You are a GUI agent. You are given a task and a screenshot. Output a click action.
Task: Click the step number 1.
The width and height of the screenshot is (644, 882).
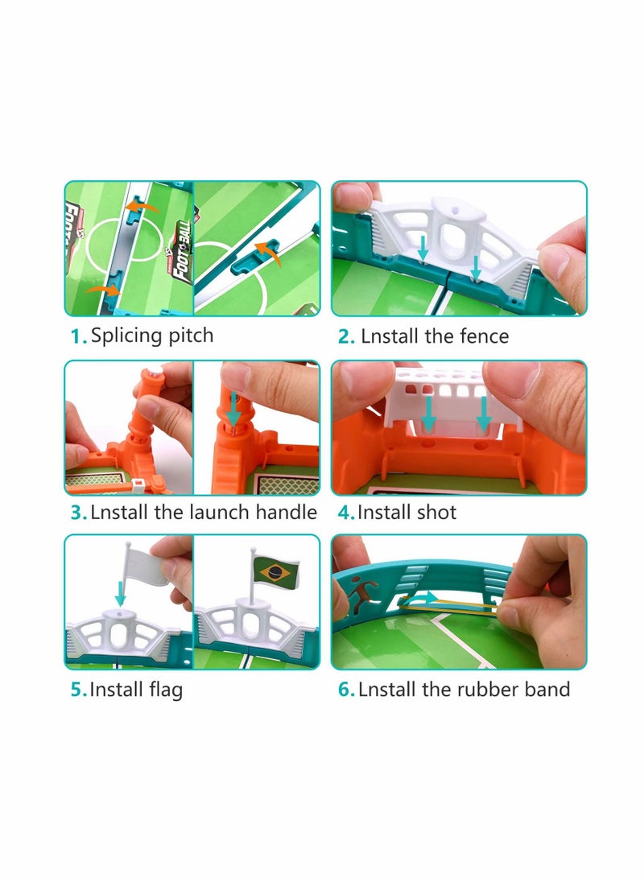pyautogui.click(x=77, y=337)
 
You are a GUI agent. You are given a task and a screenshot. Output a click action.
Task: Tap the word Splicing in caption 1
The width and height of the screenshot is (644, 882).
pyautogui.click(x=124, y=336)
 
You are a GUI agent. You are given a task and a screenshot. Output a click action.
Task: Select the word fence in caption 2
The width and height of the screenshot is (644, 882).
pyautogui.click(x=483, y=336)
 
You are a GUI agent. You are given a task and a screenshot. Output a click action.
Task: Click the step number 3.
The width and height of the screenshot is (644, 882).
pyautogui.click(x=77, y=513)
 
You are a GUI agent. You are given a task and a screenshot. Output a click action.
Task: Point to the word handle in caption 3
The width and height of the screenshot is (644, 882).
pyautogui.click(x=287, y=512)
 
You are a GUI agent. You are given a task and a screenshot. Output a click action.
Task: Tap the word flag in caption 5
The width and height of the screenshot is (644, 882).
pyautogui.click(x=164, y=690)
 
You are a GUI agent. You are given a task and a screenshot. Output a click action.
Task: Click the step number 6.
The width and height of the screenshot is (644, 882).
pyautogui.click(x=346, y=690)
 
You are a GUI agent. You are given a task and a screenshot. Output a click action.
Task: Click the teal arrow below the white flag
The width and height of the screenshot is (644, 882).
pyautogui.click(x=121, y=595)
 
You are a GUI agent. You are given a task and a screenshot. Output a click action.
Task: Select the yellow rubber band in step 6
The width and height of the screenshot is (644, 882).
pyautogui.click(x=451, y=604)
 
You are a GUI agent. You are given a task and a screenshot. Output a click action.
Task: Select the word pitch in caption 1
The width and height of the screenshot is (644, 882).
pyautogui.click(x=190, y=336)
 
